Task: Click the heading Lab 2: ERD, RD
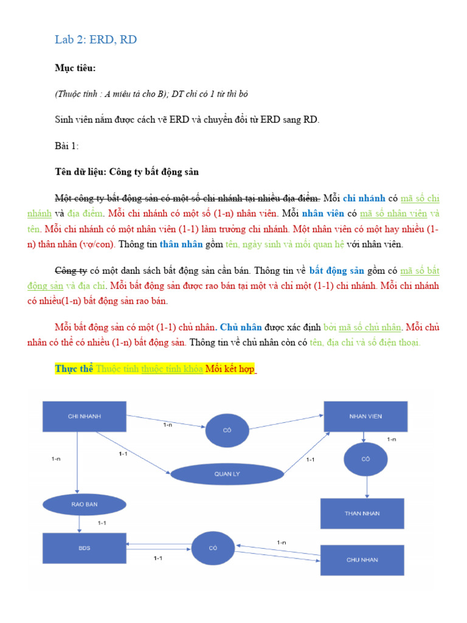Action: [95, 40]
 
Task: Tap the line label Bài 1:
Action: [66, 146]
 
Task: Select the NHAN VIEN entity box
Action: [365, 416]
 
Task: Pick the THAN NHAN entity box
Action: [362, 513]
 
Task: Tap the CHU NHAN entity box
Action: [362, 560]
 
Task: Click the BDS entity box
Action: [85, 548]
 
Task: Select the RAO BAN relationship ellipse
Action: [85, 504]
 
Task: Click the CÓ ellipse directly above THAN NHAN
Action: [365, 459]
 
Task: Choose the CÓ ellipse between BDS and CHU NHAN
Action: [213, 548]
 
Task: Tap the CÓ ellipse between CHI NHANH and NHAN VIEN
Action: [227, 430]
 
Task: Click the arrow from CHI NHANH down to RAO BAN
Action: [77, 462]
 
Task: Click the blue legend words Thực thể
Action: [74, 369]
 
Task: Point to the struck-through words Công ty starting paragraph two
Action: [71, 270]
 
